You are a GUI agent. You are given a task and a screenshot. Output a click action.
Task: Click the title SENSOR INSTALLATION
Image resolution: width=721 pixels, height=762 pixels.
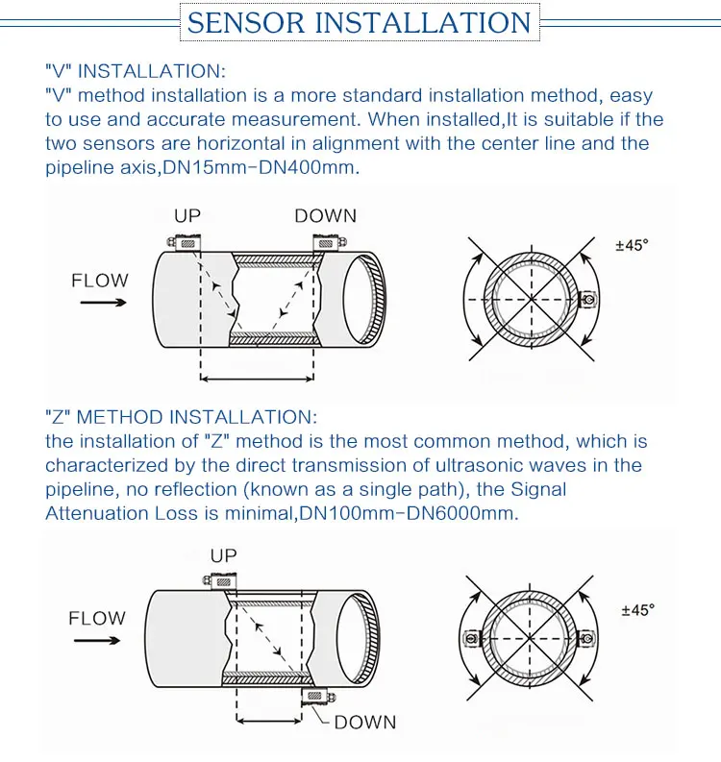click(x=360, y=22)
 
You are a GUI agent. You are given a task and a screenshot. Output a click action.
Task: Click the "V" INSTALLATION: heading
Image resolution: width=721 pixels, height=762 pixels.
click(x=136, y=71)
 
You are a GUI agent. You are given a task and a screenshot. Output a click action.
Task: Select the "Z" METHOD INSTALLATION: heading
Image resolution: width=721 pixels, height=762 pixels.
click(x=180, y=417)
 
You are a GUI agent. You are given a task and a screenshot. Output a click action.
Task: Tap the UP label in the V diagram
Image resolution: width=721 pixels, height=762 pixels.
click(x=187, y=216)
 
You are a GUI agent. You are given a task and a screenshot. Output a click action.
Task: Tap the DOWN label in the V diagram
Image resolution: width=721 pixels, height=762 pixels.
click(x=325, y=216)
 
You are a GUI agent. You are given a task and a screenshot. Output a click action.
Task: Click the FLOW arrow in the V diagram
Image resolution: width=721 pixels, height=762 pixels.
click(x=100, y=302)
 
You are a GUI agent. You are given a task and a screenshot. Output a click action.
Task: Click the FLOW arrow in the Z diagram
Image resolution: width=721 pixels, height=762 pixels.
click(x=97, y=639)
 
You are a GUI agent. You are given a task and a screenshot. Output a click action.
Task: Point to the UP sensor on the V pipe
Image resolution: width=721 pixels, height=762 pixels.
click(x=185, y=244)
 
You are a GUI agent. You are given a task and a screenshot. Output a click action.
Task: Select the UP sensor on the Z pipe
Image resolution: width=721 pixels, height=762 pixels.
click(x=222, y=579)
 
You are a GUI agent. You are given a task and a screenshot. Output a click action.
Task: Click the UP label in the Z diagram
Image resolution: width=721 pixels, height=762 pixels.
click(x=223, y=555)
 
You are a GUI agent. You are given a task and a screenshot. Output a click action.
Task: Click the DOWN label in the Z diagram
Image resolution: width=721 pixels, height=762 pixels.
click(x=364, y=722)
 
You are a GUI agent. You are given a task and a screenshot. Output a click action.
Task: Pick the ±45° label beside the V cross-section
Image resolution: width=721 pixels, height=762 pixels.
click(x=632, y=245)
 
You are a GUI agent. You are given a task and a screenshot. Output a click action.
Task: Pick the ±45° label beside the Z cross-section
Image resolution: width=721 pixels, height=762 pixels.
click(x=637, y=610)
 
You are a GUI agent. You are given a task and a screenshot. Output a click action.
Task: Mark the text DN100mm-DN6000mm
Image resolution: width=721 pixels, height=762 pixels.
click(x=409, y=513)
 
